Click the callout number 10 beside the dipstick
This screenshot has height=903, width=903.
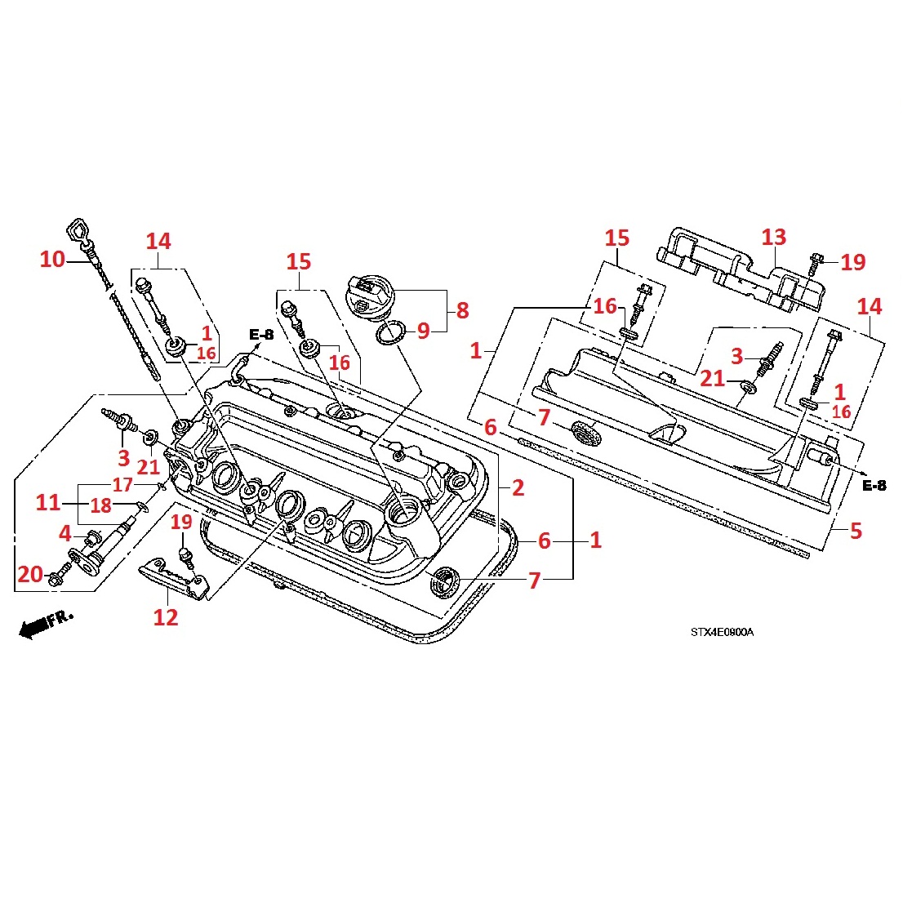(x=52, y=260)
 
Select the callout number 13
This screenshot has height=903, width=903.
(x=773, y=238)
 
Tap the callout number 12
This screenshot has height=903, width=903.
(x=165, y=617)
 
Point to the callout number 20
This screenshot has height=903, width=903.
(x=30, y=575)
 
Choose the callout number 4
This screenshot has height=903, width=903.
(x=65, y=534)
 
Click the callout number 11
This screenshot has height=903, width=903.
(x=47, y=502)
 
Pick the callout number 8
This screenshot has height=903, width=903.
(x=462, y=310)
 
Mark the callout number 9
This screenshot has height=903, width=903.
(x=423, y=331)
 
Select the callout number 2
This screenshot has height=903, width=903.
(x=518, y=488)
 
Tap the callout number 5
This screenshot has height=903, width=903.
(x=855, y=531)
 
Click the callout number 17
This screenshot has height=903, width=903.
(x=122, y=485)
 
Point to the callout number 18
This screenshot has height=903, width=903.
(x=100, y=506)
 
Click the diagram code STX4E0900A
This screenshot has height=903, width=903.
(x=721, y=632)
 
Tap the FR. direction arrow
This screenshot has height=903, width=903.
(x=46, y=623)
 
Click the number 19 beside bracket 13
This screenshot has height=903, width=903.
(x=853, y=262)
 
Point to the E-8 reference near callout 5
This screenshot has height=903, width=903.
(x=874, y=486)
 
